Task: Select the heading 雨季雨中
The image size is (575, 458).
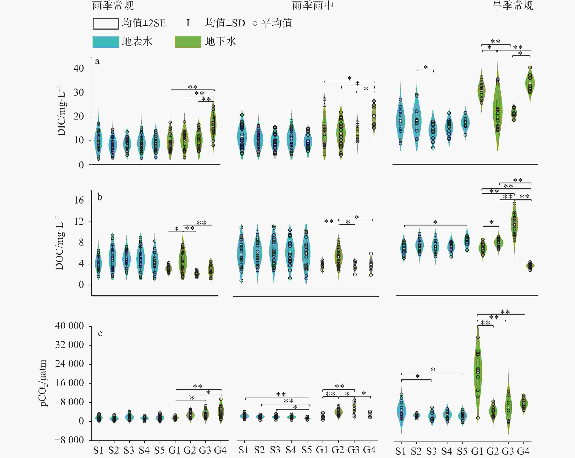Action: click(313, 6)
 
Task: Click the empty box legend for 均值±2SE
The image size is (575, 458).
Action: click(106, 24)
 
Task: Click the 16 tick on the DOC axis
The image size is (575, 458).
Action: click(79, 200)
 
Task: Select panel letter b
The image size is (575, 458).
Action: click(99, 197)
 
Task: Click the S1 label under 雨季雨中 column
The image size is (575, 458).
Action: click(244, 450)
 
